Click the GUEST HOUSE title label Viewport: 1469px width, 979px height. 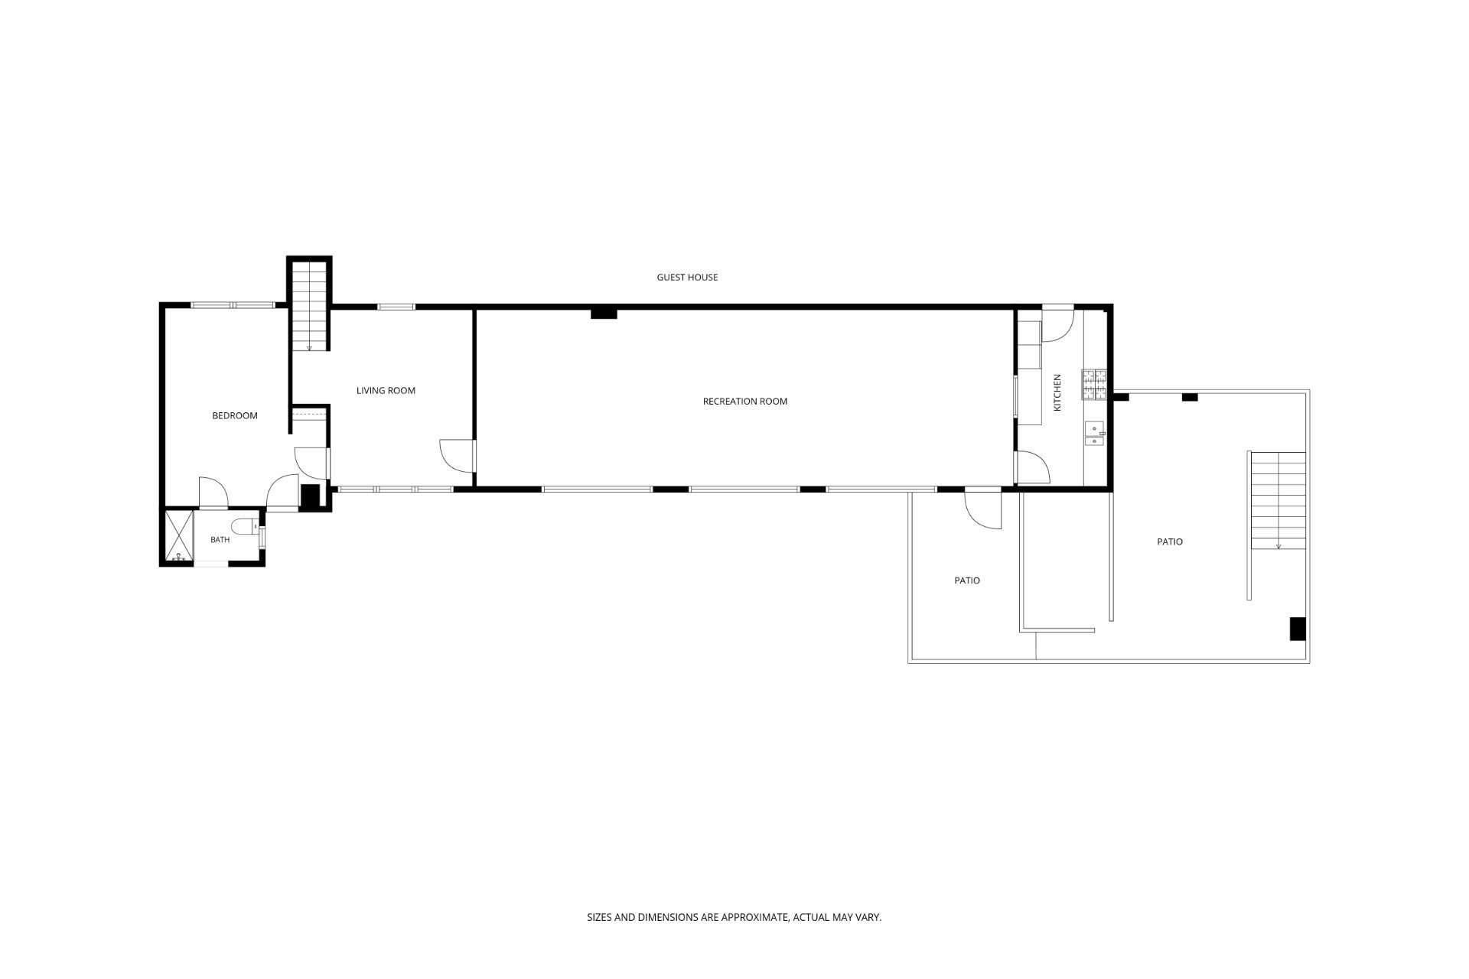point(687,278)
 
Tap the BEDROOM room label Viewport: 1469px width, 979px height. point(235,416)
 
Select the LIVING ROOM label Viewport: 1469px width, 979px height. point(386,391)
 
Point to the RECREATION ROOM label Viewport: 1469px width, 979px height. point(745,402)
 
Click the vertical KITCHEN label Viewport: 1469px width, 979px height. point(1057,392)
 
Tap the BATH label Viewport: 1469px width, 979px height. point(220,540)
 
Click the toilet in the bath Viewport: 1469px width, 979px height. point(246,526)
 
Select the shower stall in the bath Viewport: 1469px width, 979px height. point(179,536)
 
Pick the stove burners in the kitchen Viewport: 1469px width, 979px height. point(1094,385)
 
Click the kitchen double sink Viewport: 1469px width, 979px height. point(1094,434)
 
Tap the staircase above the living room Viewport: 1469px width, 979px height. point(309,305)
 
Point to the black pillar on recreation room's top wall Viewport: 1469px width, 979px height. point(604,312)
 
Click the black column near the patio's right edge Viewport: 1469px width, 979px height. point(1298,628)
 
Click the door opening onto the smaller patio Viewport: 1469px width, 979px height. point(982,509)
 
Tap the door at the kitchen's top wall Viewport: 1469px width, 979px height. point(1058,324)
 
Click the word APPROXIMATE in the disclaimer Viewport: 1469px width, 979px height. point(744,917)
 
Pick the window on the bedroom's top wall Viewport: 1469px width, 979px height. point(233,305)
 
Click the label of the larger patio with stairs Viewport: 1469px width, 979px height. point(1170,542)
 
